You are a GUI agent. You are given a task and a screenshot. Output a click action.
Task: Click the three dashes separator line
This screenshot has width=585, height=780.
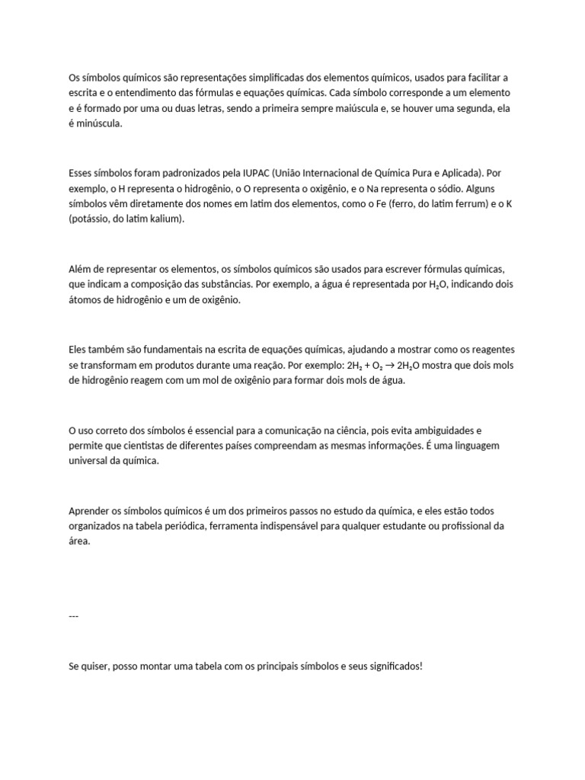pyautogui.click(x=73, y=615)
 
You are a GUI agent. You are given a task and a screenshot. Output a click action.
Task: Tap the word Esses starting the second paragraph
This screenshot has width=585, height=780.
pyautogui.click(x=82, y=173)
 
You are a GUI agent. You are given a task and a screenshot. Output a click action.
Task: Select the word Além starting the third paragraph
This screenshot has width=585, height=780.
pyautogui.click(x=80, y=270)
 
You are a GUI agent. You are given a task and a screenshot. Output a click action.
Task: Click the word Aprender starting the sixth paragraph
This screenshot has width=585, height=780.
pyautogui.click(x=88, y=511)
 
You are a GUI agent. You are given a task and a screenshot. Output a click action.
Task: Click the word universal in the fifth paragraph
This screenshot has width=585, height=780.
pyautogui.click(x=88, y=462)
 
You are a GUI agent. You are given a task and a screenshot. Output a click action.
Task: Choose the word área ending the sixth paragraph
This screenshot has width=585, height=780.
pyautogui.click(x=78, y=542)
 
